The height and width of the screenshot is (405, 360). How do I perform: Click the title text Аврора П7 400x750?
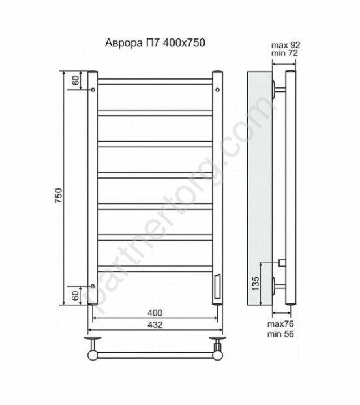pos(155,44)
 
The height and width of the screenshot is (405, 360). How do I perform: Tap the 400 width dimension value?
pos(155,312)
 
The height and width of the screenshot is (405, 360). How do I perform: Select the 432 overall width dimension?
pos(155,324)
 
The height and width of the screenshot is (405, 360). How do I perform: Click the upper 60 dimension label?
pos(75,81)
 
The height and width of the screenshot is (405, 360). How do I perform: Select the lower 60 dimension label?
pos(75,295)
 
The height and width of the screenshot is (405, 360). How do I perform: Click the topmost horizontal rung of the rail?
pos(155,82)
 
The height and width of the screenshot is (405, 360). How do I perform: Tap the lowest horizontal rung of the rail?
pos(155,267)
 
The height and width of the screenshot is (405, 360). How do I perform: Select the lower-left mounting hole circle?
pos(93,286)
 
